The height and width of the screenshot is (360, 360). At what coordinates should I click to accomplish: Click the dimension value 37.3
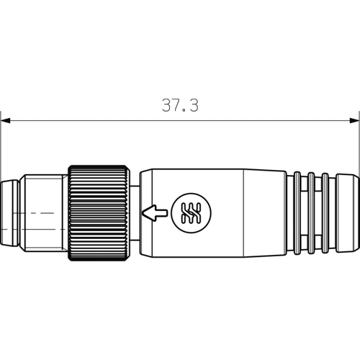click(180, 105)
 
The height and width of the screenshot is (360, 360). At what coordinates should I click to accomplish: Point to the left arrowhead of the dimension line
click(5, 120)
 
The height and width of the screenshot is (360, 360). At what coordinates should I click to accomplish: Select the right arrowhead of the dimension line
click(354, 120)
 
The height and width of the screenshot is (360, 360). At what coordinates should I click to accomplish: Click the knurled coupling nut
click(99, 213)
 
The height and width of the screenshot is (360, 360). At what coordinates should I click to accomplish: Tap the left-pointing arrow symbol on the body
click(155, 212)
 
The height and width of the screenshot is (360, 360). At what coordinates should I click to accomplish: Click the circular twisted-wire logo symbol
click(192, 213)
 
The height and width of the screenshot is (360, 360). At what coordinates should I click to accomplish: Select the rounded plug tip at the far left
click(9, 213)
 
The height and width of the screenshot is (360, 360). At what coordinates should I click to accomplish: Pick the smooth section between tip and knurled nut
click(43, 213)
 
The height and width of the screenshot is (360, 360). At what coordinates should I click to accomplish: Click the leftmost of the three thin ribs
click(297, 213)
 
